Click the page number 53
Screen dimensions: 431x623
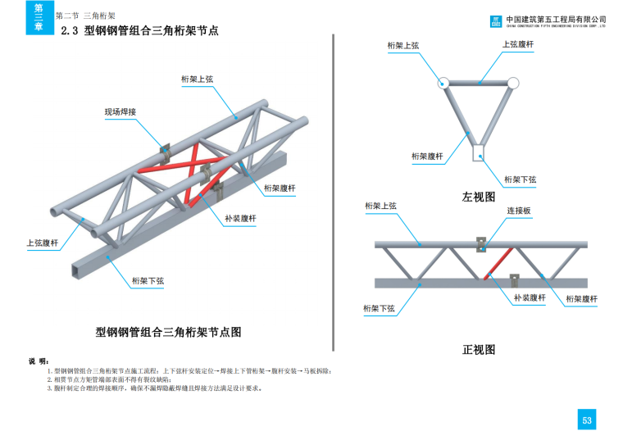pyautogui.click(x=587, y=420)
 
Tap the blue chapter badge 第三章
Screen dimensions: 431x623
pyautogui.click(x=39, y=17)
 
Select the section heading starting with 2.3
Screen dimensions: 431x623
pyautogui.click(x=140, y=32)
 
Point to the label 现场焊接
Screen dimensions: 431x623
pyautogui.click(x=120, y=111)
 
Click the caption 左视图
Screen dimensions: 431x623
pyautogui.click(x=479, y=197)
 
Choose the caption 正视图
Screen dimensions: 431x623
pyautogui.click(x=479, y=350)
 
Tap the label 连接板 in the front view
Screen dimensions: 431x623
pyautogui.click(x=518, y=211)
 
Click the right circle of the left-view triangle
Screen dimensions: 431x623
pyautogui.click(x=513, y=83)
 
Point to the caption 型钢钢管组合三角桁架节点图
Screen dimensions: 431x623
pyautogui.click(x=168, y=332)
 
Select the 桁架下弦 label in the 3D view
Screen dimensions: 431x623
pyautogui.click(x=148, y=281)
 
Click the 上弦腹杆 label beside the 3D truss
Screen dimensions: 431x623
pyautogui.click(x=43, y=243)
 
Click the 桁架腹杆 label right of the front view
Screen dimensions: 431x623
pyautogui.click(x=581, y=299)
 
